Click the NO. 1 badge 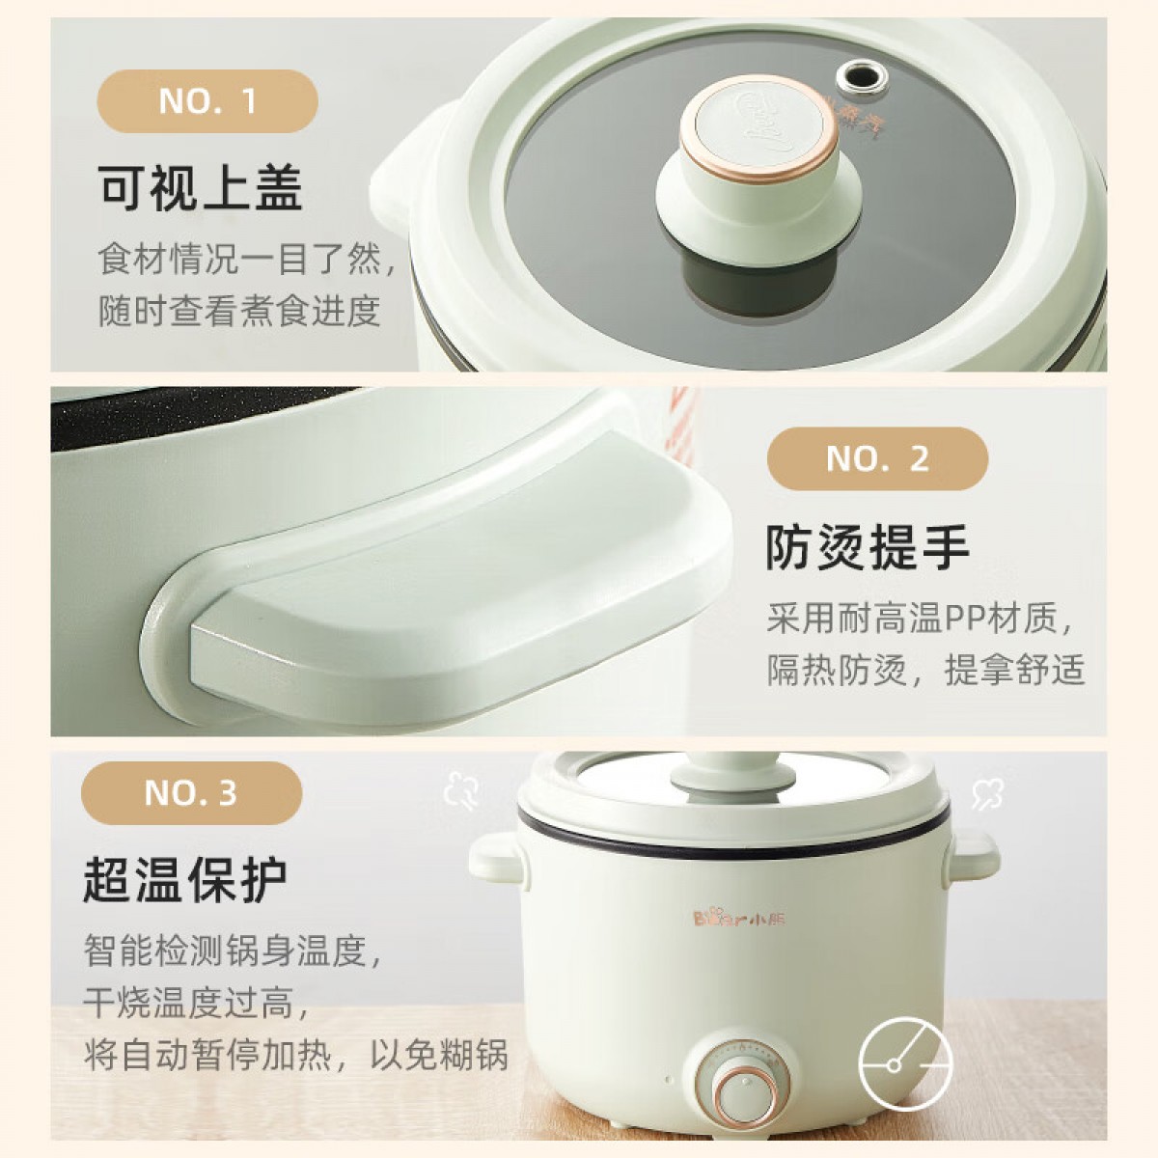pyautogui.click(x=207, y=101)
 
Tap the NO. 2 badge pyautogui.click(x=877, y=458)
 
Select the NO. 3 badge pyautogui.click(x=191, y=793)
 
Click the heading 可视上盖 pyautogui.click(x=200, y=188)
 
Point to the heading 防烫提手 pyautogui.click(x=868, y=547)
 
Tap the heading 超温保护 pyautogui.click(x=185, y=880)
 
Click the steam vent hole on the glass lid pyautogui.click(x=863, y=77)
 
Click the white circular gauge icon pyautogui.click(x=905, y=1065)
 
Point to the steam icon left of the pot pyautogui.click(x=461, y=792)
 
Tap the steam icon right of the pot pyautogui.click(x=987, y=792)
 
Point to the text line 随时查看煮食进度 pyautogui.click(x=239, y=312)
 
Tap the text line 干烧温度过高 pyautogui.click(x=197, y=1003)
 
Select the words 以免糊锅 pyautogui.click(x=439, y=1055)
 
